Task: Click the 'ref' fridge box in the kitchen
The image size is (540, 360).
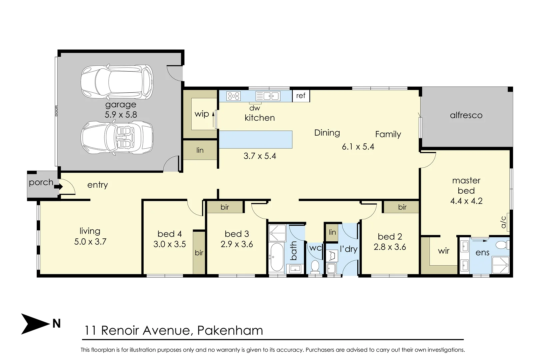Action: pos(301,96)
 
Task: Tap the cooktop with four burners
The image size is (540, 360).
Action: pos(233,96)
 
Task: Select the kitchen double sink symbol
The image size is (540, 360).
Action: pos(268,96)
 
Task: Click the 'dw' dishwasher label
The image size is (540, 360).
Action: pos(255,108)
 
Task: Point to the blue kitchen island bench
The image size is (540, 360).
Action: pos(256,139)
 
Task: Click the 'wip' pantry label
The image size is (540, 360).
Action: pos(202,114)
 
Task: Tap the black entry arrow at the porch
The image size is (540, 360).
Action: pos(58,186)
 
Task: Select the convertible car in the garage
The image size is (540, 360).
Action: pos(117,138)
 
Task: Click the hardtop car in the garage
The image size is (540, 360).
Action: pos(117,82)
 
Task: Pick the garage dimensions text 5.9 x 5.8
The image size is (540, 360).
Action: pos(121,115)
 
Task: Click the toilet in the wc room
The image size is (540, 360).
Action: pos(315,266)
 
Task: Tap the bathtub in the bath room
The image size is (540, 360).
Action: pos(277,257)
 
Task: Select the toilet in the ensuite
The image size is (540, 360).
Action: pos(503,245)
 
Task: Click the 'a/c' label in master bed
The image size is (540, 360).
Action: pos(503,222)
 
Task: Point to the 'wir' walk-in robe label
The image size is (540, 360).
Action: pos(444,251)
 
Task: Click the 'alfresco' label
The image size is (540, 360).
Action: pos(466,115)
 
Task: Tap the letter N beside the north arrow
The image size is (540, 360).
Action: pos(56,324)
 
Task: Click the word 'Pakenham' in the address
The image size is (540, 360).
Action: pos(230,330)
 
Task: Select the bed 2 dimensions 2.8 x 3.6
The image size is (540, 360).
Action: pos(390,247)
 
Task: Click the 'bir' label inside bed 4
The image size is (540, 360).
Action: pos(199,253)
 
